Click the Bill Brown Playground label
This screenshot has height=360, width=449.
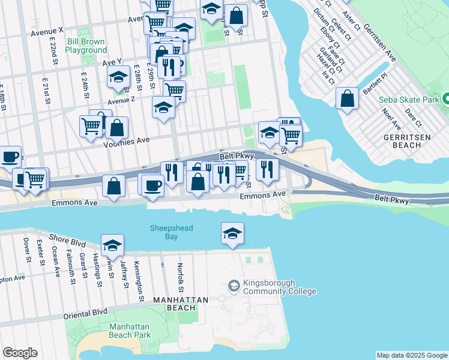click(86, 46)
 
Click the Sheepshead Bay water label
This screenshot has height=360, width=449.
click(163, 232)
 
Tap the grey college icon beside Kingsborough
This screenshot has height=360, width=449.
click(233, 287)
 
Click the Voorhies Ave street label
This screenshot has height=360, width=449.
click(126, 142)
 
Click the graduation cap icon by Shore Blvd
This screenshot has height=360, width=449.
click(112, 245)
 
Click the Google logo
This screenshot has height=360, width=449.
click(20, 353)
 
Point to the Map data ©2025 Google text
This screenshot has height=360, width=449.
click(412, 355)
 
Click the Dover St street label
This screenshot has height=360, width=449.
click(26, 250)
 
